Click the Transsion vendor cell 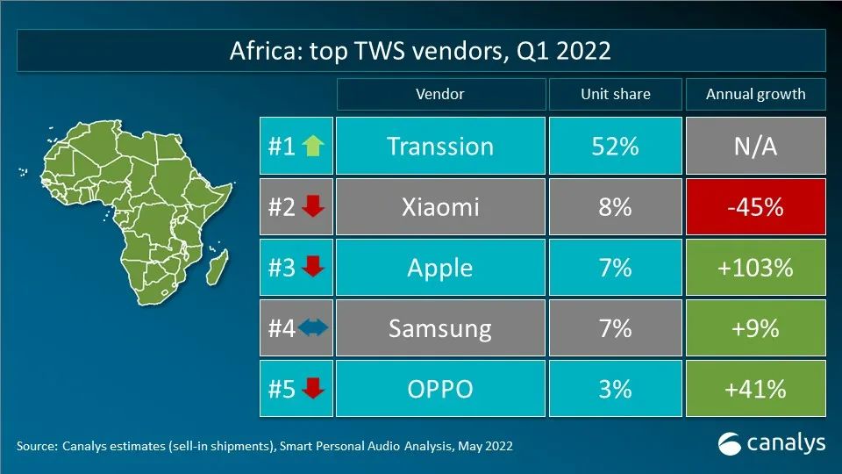pyautogui.click(x=440, y=146)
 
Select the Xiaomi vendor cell pyautogui.click(x=440, y=206)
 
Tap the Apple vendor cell pyautogui.click(x=440, y=267)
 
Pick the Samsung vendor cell pyautogui.click(x=440, y=328)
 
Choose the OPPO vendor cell pyautogui.click(x=440, y=388)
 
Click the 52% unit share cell pyautogui.click(x=615, y=146)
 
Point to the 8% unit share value pyautogui.click(x=615, y=206)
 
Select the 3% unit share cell pyautogui.click(x=615, y=388)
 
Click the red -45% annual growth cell pyautogui.click(x=755, y=206)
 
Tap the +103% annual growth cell pyautogui.click(x=755, y=267)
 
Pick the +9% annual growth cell pyautogui.click(x=755, y=328)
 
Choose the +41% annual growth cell pyautogui.click(x=755, y=388)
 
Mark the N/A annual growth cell pyautogui.click(x=755, y=146)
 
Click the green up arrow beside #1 pyautogui.click(x=311, y=146)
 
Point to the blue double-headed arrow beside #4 pyautogui.click(x=312, y=328)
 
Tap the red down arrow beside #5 pyautogui.click(x=312, y=388)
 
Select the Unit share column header pyautogui.click(x=615, y=94)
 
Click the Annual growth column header pyautogui.click(x=755, y=94)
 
